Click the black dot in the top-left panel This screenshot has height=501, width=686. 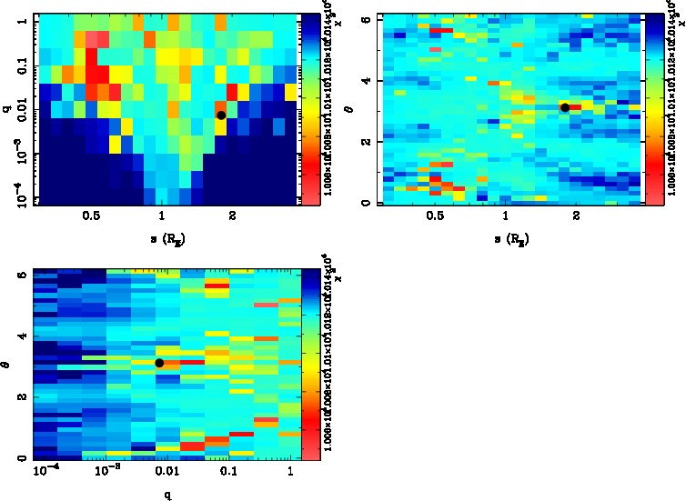point(221,115)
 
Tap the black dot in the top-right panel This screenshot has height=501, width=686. point(565,107)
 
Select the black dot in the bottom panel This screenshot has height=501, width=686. point(159,363)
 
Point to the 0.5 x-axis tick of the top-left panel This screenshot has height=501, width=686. point(91,216)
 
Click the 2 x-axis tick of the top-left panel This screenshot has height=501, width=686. point(233,216)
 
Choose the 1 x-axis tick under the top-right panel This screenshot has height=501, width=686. point(506,216)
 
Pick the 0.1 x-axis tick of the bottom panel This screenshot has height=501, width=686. point(227,473)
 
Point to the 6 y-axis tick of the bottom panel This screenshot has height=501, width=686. point(20,276)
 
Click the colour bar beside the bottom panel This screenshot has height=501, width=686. point(309,364)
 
